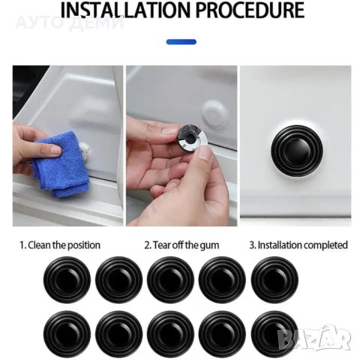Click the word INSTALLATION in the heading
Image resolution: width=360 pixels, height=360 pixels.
pos(126,10)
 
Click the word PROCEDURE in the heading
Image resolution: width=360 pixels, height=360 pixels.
pos(250,10)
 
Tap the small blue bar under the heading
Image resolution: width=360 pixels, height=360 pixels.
pos(181,42)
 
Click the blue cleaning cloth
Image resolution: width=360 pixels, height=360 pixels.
pos(62,164)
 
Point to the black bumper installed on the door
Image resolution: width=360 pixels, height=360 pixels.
pos(297,151)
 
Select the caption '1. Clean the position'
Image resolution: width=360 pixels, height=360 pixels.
pos(60,245)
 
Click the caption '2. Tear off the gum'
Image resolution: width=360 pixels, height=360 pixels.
pos(181,245)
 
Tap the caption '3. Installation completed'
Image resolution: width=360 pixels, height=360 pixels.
pos(298,245)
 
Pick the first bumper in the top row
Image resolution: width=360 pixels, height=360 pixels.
pos(67,280)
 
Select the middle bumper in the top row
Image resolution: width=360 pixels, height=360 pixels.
pos(170,280)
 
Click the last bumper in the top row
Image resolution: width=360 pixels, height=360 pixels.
pos(274,280)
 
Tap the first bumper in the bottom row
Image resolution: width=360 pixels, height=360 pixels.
pos(67,334)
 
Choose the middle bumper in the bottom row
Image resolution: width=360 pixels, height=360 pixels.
pos(170,334)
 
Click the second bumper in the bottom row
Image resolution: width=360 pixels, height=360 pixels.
pos(119,334)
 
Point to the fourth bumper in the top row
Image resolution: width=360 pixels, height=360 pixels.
pos(222,280)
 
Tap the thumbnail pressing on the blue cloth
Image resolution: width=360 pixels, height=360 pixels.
pos(56,149)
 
